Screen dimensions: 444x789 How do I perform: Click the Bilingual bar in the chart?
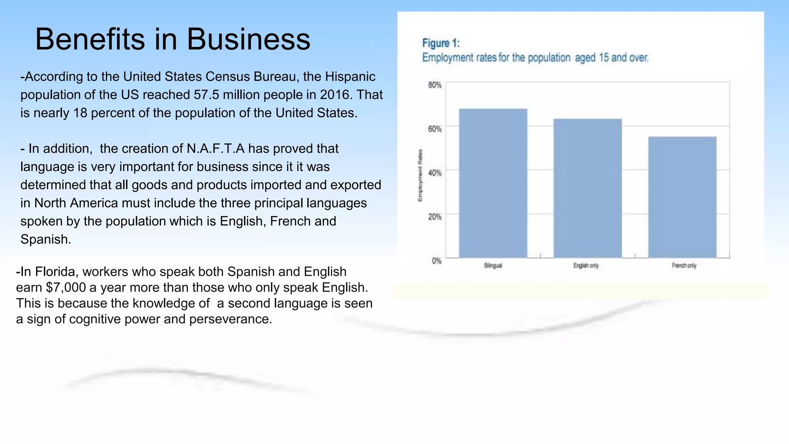coord(493,183)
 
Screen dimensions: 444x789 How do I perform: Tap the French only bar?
coord(682,197)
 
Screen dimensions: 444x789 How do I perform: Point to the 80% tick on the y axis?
coord(435,85)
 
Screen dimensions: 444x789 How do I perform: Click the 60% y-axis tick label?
coord(435,129)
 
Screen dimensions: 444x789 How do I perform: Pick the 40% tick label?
coord(435,173)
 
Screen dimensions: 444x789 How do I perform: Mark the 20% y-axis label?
coord(435,217)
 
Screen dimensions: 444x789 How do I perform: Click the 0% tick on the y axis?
coord(436,261)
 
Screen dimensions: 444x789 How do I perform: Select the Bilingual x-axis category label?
coord(493,266)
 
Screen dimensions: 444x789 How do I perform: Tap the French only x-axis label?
coord(684,266)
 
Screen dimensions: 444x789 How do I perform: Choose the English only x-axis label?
coord(586,266)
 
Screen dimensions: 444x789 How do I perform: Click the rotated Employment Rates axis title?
coord(420,175)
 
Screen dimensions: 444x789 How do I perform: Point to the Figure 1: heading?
coord(441,43)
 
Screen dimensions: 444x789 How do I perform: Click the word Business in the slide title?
coord(248,39)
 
